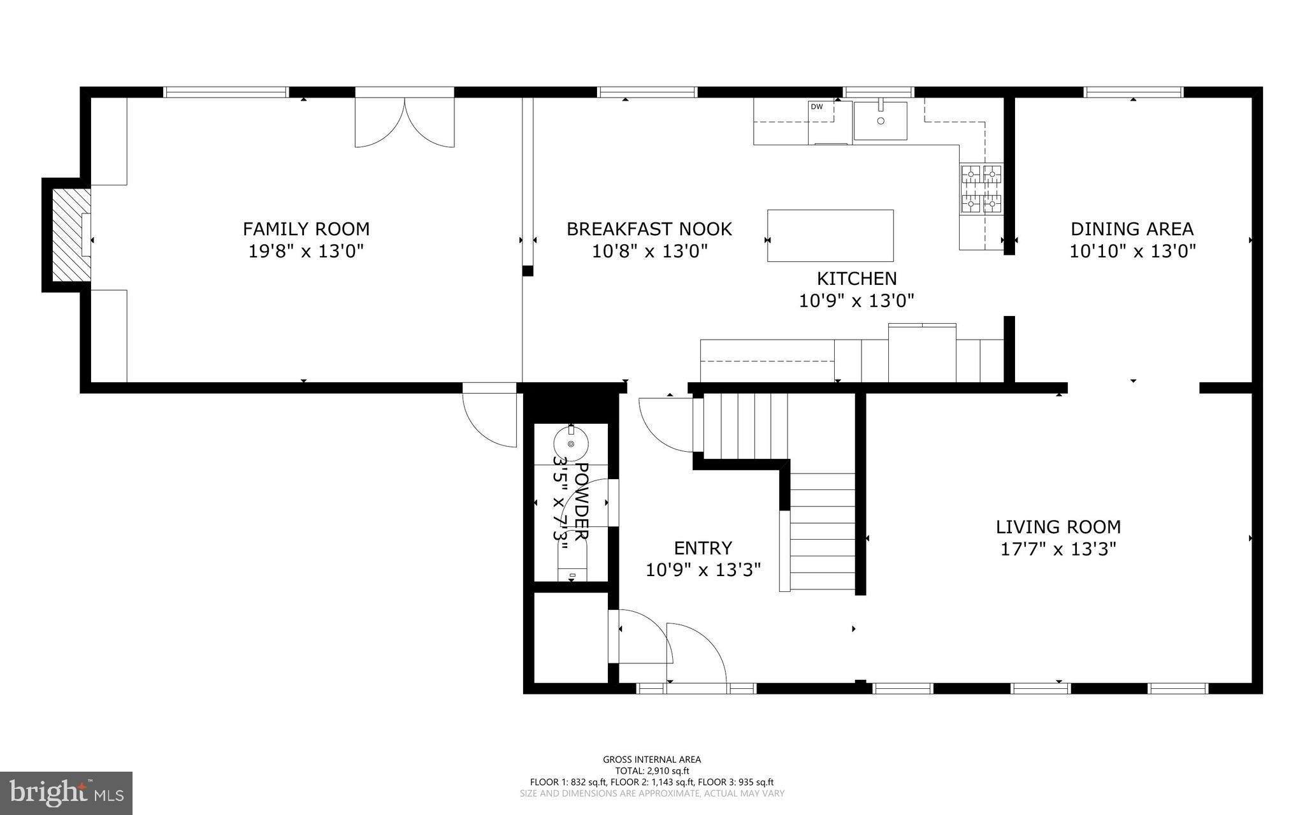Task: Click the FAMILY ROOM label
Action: pos(306,229)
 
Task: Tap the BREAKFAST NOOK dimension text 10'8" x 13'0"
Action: pos(649,251)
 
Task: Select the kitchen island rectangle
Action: pos(830,235)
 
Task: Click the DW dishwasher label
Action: pos(816,107)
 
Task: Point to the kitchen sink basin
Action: pos(881,120)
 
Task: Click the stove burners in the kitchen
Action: pos(981,188)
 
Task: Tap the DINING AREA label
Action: pos(1132,229)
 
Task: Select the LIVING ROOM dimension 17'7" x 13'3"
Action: pos(1058,549)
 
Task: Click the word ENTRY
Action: pos(703,548)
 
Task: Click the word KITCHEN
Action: pos(856,278)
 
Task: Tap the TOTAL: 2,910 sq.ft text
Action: pos(652,770)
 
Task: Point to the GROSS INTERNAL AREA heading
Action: pos(652,759)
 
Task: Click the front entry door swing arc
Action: pos(698,650)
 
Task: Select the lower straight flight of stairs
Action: pos(822,532)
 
